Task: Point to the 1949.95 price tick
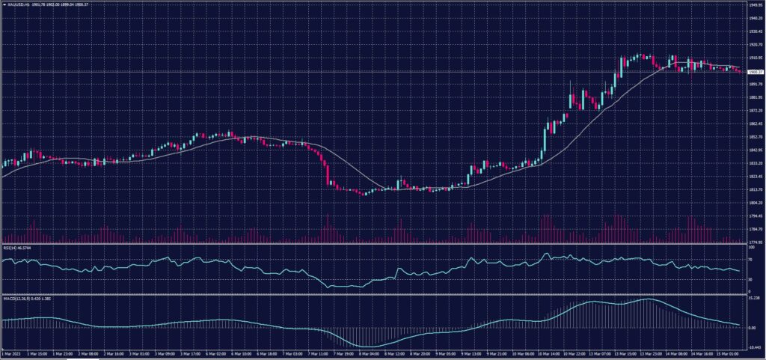(x=753, y=4)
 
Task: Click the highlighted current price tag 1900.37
(x=753, y=72)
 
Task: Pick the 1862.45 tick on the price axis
(x=753, y=123)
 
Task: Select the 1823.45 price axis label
(x=753, y=177)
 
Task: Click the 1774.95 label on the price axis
(x=753, y=242)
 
